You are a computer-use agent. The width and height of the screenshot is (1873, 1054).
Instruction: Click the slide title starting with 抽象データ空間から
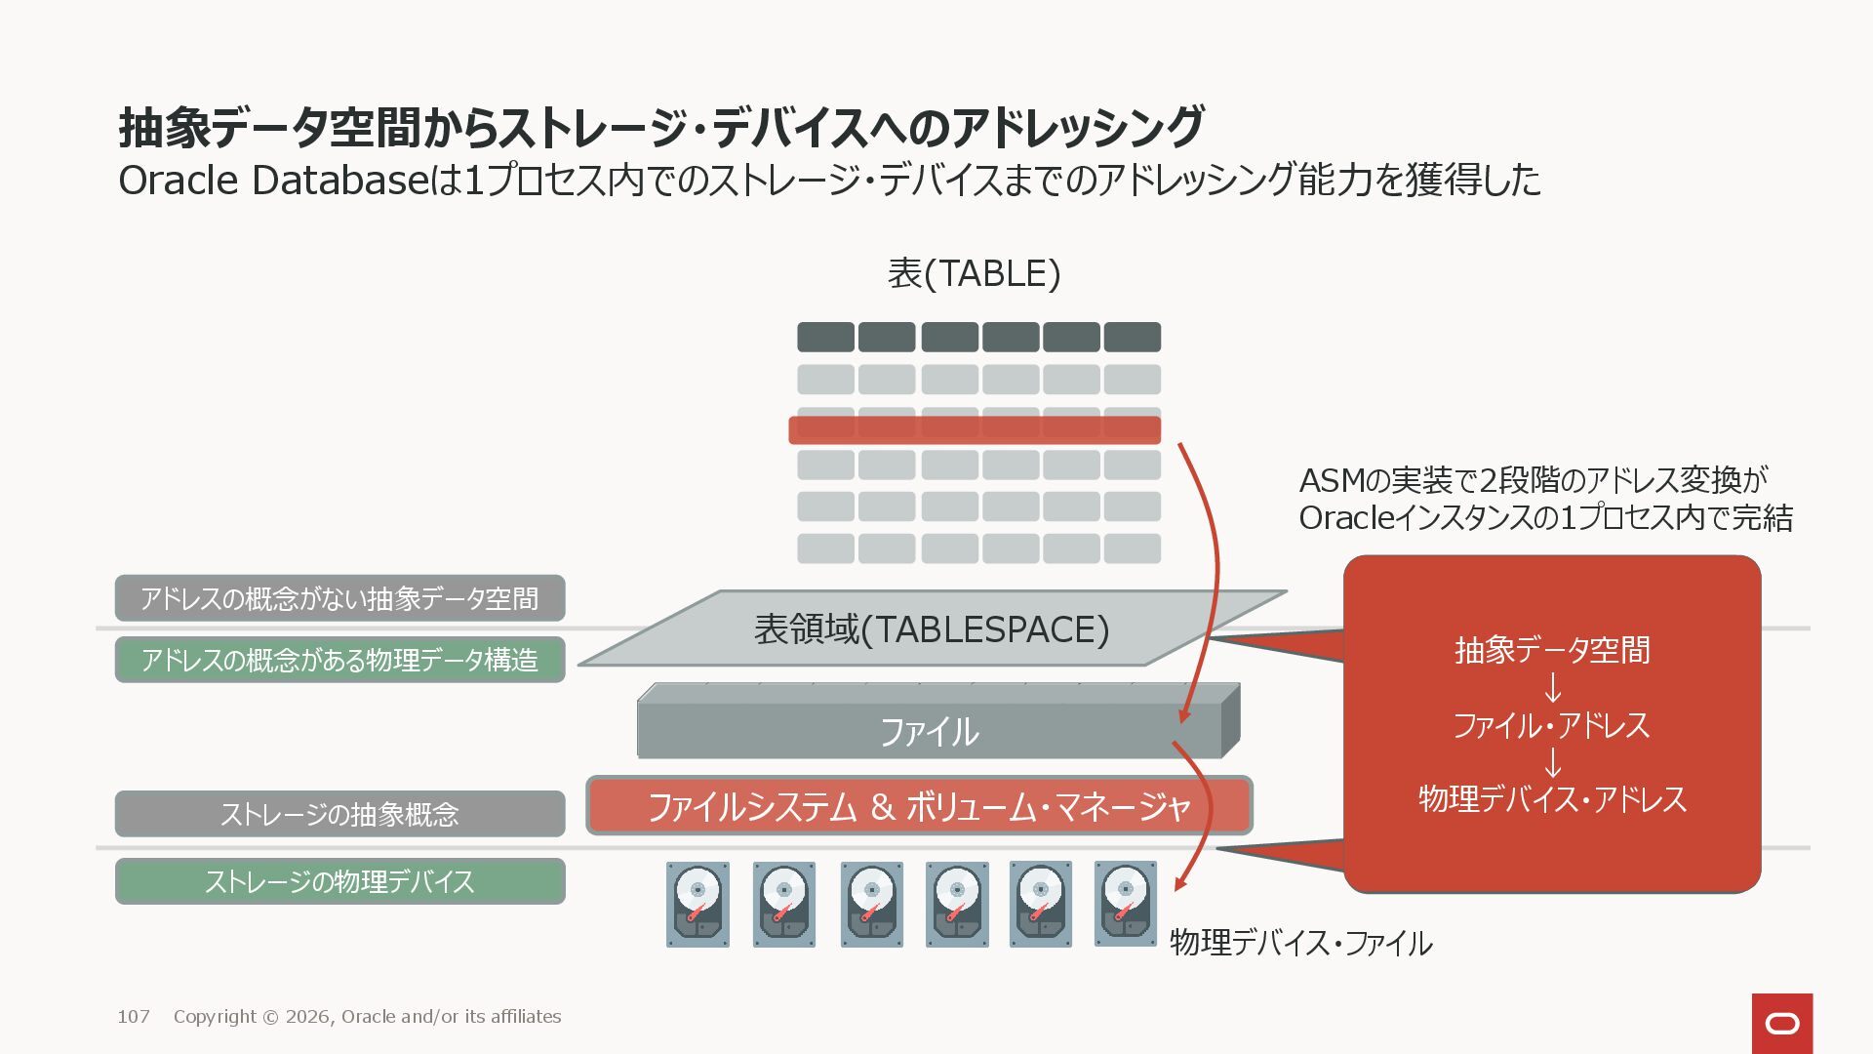pyautogui.click(x=660, y=127)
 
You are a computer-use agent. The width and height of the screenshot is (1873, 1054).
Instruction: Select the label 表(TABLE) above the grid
pyautogui.click(x=974, y=273)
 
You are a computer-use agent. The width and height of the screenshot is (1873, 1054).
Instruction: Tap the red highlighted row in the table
pyautogui.click(x=974, y=430)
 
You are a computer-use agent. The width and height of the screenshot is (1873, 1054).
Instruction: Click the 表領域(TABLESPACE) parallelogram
pyautogui.click(x=932, y=629)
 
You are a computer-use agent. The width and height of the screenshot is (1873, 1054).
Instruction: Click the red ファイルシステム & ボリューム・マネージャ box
pyautogui.click(x=919, y=806)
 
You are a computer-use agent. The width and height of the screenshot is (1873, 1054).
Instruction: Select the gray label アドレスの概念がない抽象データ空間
pyautogui.click(x=339, y=598)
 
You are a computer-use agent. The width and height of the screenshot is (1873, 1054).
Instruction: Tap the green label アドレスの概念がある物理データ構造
pyautogui.click(x=339, y=660)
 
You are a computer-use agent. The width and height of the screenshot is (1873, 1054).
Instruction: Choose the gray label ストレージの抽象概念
pyautogui.click(x=339, y=814)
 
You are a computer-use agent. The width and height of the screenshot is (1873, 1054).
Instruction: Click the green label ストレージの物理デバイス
pyautogui.click(x=339, y=881)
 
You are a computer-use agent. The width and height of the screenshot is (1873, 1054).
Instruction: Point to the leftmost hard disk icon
pyautogui.click(x=697, y=904)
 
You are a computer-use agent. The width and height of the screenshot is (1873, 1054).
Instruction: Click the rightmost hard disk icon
pyautogui.click(x=1125, y=904)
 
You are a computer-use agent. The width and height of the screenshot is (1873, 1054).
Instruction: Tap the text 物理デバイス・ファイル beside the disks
pyautogui.click(x=1300, y=943)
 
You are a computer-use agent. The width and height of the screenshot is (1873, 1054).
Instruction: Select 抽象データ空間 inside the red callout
pyautogui.click(x=1552, y=650)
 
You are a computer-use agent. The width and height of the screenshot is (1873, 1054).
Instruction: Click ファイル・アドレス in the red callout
pyautogui.click(x=1552, y=725)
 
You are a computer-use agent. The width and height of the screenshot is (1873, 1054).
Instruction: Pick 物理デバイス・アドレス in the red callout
pyautogui.click(x=1552, y=799)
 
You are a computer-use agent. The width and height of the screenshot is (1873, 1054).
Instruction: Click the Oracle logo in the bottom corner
pyautogui.click(x=1782, y=1023)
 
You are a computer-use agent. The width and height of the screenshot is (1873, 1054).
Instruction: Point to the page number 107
pyautogui.click(x=134, y=1017)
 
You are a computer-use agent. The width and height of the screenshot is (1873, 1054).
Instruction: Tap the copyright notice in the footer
pyautogui.click(x=367, y=1017)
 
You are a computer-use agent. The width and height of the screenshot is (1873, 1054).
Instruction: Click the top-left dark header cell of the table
pyautogui.click(x=825, y=338)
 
